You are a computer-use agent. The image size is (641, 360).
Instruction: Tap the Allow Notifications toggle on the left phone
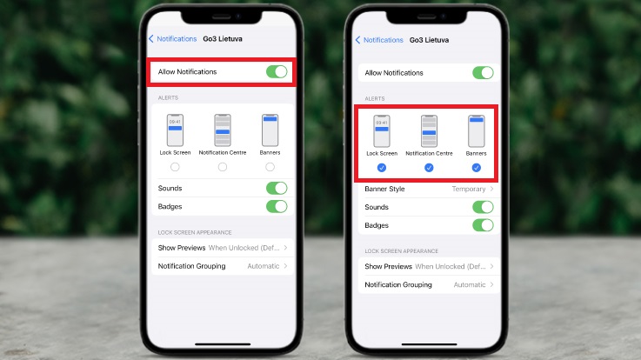[277, 71]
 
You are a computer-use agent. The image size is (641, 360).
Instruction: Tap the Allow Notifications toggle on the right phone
[484, 73]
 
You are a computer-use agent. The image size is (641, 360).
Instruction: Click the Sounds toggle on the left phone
[277, 188]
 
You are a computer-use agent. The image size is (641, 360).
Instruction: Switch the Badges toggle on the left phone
[277, 206]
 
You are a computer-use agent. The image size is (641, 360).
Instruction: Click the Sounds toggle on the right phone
[484, 207]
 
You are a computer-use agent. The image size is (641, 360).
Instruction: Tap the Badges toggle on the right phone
[484, 225]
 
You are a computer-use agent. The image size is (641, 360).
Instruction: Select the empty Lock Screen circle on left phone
[175, 167]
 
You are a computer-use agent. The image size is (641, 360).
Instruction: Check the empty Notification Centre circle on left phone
[223, 167]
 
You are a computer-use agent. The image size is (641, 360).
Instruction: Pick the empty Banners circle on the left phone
[270, 167]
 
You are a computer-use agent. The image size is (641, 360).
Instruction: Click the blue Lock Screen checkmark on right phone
[382, 168]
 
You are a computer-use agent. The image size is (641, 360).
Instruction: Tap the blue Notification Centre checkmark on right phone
[429, 168]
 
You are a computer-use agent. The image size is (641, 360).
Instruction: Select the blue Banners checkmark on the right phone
[477, 168]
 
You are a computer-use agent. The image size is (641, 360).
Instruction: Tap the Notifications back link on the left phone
[172, 39]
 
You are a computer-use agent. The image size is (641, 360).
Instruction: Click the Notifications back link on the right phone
[379, 40]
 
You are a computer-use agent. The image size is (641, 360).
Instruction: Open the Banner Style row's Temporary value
[469, 189]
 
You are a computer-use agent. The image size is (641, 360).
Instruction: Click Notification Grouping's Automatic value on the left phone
[264, 266]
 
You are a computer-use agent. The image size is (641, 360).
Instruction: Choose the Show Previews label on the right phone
[389, 266]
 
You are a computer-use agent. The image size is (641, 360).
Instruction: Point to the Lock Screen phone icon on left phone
[175, 130]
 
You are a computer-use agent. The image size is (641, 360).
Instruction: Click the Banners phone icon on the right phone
[477, 131]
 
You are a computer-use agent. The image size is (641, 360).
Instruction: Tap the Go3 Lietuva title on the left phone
[223, 39]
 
